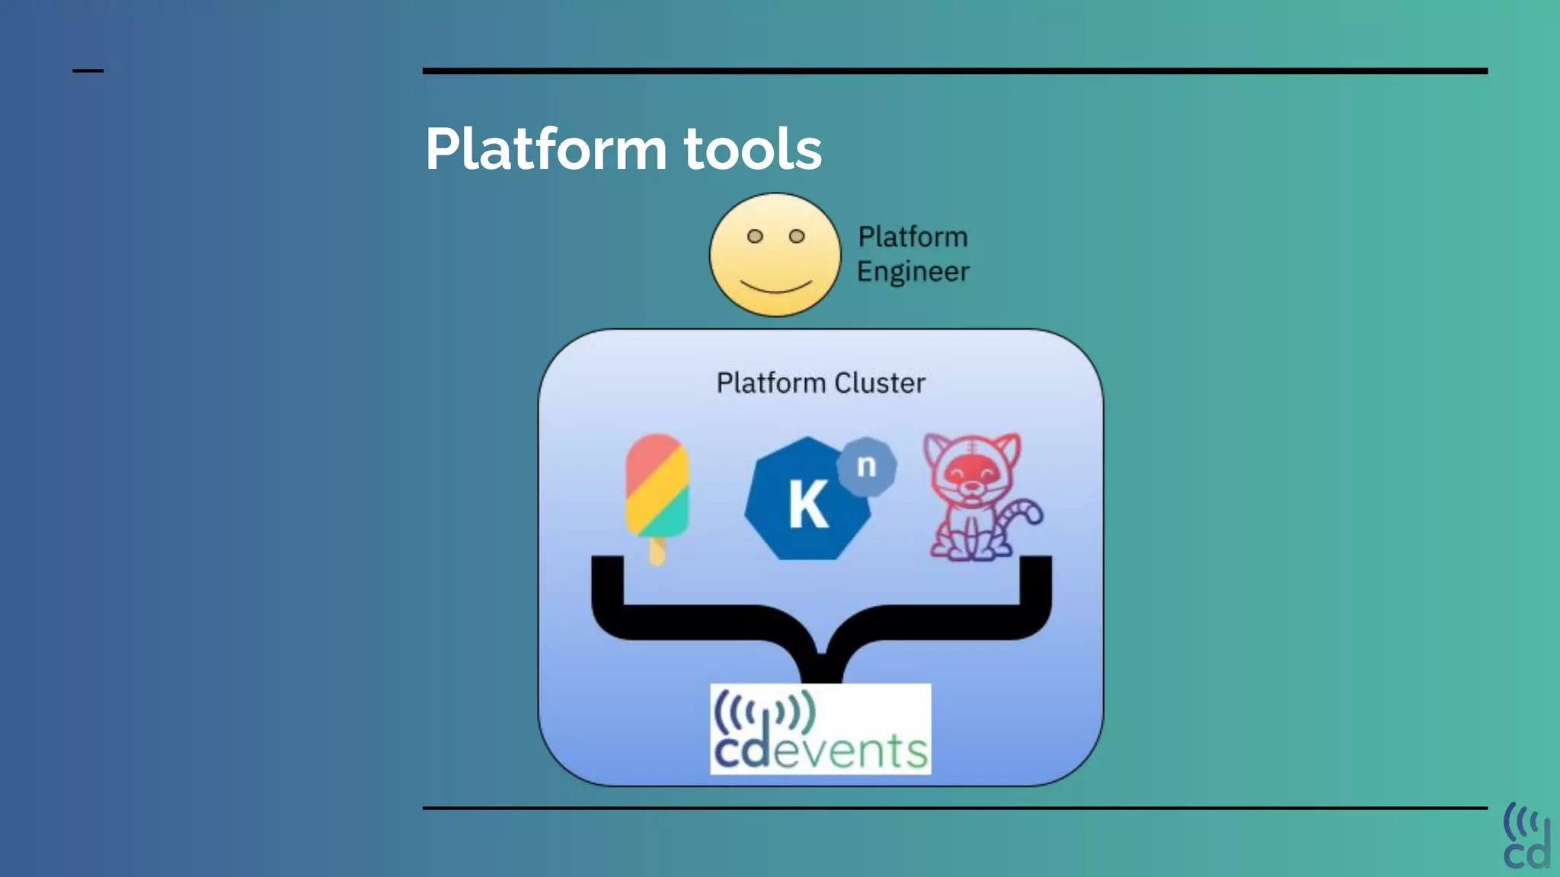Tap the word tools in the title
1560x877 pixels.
753,149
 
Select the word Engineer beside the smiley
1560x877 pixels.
913,272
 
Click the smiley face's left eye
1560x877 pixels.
755,236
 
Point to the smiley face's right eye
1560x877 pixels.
797,236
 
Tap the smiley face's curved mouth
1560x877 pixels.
776,287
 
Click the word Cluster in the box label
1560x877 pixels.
880,383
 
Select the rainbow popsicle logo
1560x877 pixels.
657,487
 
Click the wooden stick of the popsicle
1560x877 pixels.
657,551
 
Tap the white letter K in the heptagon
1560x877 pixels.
807,505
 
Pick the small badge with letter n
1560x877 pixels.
867,466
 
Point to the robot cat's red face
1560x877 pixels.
971,476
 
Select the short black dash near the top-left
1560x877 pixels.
88,71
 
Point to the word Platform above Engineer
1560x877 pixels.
913,237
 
